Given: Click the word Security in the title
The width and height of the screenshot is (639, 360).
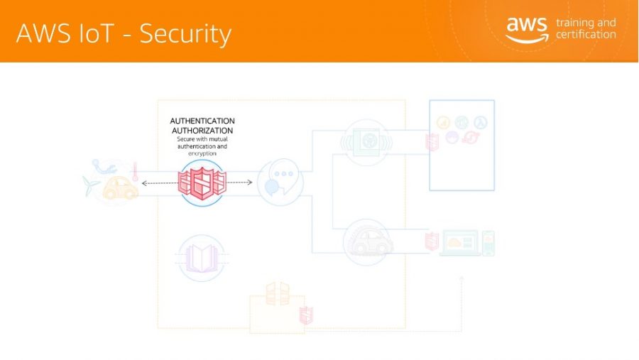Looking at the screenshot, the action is point(185,34).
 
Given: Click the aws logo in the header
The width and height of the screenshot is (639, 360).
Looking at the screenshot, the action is point(527,29).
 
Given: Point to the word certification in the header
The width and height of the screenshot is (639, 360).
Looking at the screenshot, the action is point(586,34).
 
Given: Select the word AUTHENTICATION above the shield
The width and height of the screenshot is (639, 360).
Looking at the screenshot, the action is point(202,121).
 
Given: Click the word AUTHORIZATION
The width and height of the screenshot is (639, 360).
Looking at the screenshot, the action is point(202,131).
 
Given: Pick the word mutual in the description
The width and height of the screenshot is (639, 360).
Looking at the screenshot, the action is point(218,139).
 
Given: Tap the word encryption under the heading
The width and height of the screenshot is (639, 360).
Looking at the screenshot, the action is point(202,153).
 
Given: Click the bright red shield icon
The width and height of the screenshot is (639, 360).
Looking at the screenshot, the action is point(202,183).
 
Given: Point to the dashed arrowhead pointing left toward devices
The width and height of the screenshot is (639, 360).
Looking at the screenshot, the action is point(144,183).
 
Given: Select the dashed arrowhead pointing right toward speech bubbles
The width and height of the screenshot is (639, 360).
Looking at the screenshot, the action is point(250,182).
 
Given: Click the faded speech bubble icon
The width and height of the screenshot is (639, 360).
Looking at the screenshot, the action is point(280,181).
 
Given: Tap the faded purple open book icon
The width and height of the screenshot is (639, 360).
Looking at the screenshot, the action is point(202,258).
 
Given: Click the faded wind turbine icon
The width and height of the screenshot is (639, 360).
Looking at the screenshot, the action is point(90,185).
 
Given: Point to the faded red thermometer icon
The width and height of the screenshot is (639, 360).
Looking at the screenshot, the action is point(136,172).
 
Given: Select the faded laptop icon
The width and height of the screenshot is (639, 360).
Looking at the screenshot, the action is point(460,243).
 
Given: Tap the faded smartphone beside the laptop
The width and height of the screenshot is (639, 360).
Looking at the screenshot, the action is point(488,244).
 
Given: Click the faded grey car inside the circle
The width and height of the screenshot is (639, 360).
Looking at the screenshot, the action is point(368,243).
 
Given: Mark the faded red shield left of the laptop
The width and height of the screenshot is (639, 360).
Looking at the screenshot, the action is point(432,241).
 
